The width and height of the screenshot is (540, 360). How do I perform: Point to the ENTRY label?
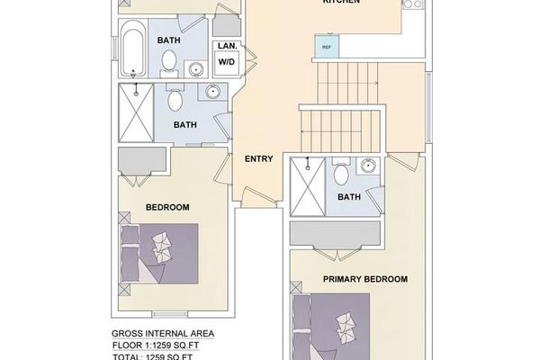(x=259, y=159)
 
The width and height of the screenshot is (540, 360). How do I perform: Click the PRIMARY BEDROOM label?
(x=365, y=279)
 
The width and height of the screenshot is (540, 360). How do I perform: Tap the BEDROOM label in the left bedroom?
(x=167, y=208)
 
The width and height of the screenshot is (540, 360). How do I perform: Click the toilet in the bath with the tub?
(x=169, y=60)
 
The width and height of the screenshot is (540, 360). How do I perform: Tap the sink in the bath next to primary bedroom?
(x=369, y=166)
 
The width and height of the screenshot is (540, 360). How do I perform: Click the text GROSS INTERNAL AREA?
(x=163, y=332)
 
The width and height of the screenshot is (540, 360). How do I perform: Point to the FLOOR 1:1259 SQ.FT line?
(x=163, y=345)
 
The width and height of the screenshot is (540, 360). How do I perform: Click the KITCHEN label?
(x=342, y=3)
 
